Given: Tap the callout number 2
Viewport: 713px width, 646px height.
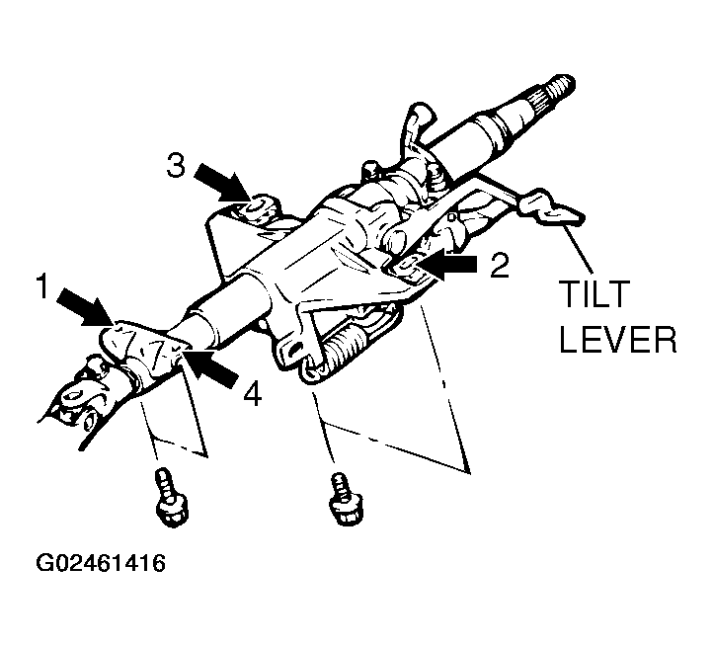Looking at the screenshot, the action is pos(500,266).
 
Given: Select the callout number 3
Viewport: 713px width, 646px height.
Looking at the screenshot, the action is pos(175,165).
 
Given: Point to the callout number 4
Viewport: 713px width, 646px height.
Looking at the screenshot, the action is pos(252,394).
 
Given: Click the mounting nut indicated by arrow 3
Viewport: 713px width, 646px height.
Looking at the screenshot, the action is pos(254,206).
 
